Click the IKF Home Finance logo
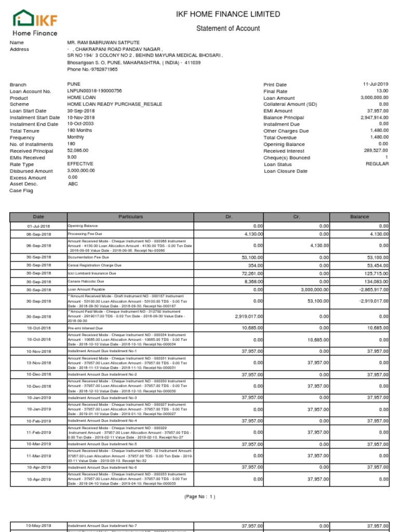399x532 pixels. pyautogui.click(x=35, y=23)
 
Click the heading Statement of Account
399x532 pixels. pyautogui.click(x=228, y=29)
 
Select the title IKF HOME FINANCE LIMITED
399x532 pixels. pyautogui.click(x=228, y=14)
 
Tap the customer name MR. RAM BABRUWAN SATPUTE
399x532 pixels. pyautogui.click(x=103, y=43)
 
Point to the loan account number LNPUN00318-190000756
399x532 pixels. pyautogui.click(x=95, y=91)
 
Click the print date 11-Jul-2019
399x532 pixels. pyautogui.click(x=376, y=84)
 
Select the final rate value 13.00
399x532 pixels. pyautogui.click(x=382, y=91)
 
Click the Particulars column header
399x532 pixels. pyautogui.click(x=130, y=217)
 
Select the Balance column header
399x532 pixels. pyautogui.click(x=360, y=217)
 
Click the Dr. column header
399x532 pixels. pyautogui.click(x=229, y=217)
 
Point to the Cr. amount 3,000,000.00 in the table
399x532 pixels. pyautogui.click(x=310, y=290)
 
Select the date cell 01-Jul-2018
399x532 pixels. pyautogui.click(x=38, y=227)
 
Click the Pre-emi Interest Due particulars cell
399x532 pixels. pyautogui.click(x=86, y=328)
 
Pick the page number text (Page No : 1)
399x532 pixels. pyautogui.click(x=199, y=497)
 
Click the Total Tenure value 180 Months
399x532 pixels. pyautogui.click(x=79, y=131)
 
